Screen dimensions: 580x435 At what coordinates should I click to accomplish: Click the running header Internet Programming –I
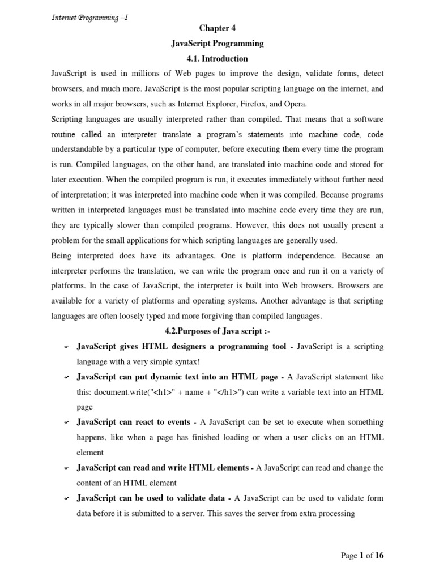click(89, 17)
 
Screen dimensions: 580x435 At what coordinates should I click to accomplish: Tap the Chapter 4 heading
click(217, 28)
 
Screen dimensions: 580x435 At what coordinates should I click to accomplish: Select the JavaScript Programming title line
click(217, 44)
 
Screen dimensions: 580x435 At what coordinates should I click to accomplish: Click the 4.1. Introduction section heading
click(217, 58)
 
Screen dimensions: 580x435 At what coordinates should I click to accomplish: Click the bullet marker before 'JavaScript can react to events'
click(66, 423)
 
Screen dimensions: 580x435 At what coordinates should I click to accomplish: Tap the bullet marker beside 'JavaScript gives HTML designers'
click(66, 347)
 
